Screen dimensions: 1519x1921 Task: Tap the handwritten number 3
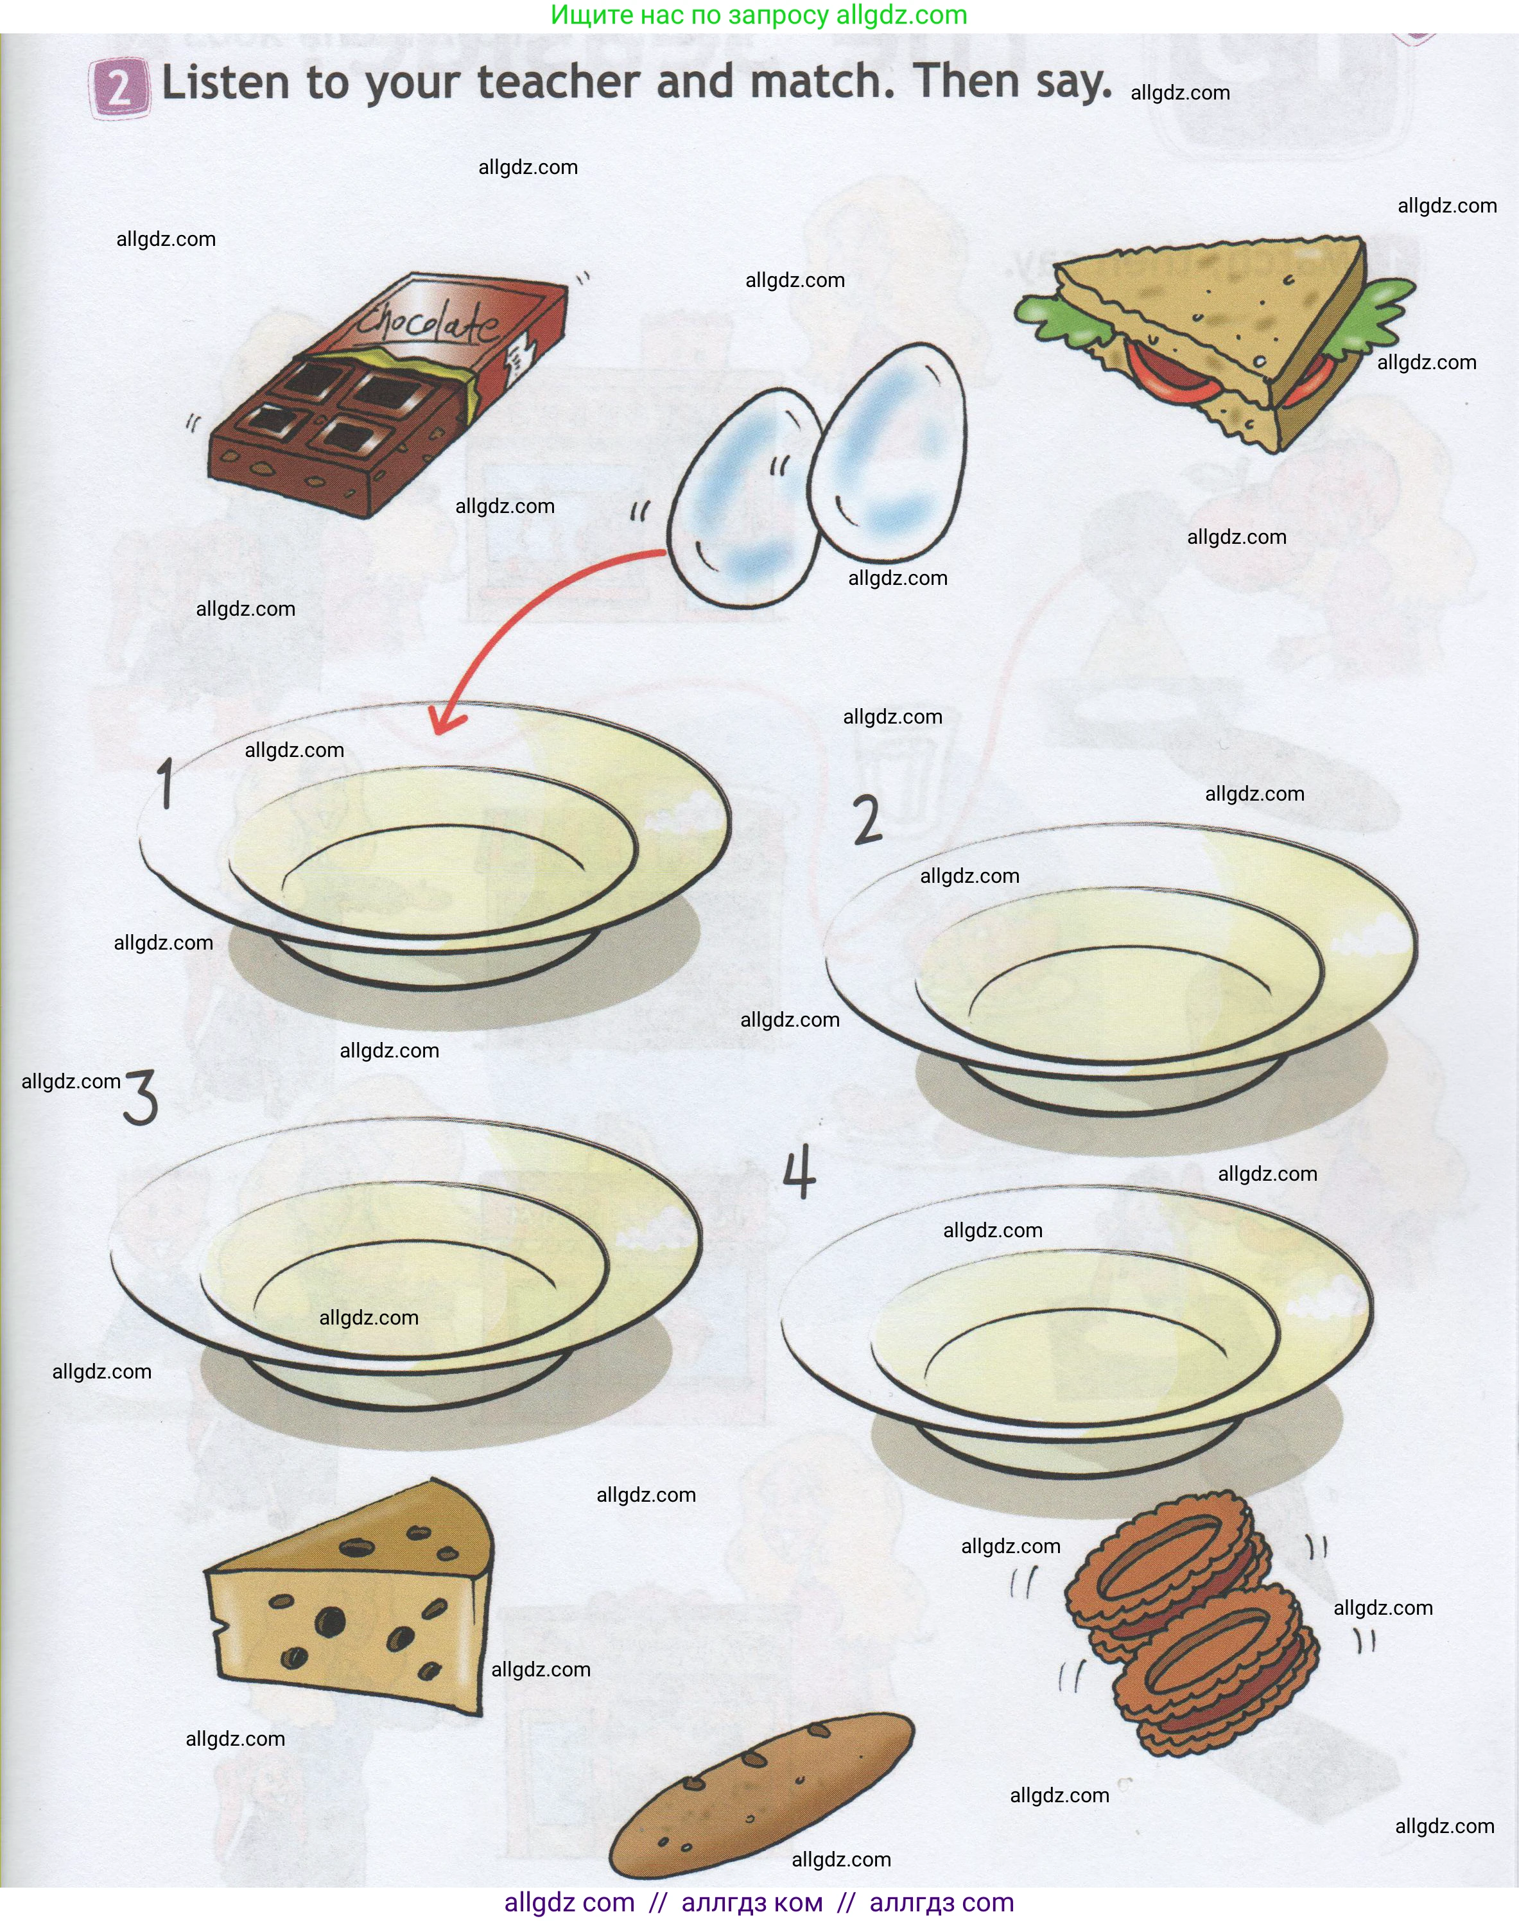(141, 1097)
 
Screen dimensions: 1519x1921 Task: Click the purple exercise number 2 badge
(117, 88)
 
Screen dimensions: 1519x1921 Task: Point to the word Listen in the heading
(226, 83)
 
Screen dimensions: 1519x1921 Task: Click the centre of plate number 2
(1120, 969)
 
